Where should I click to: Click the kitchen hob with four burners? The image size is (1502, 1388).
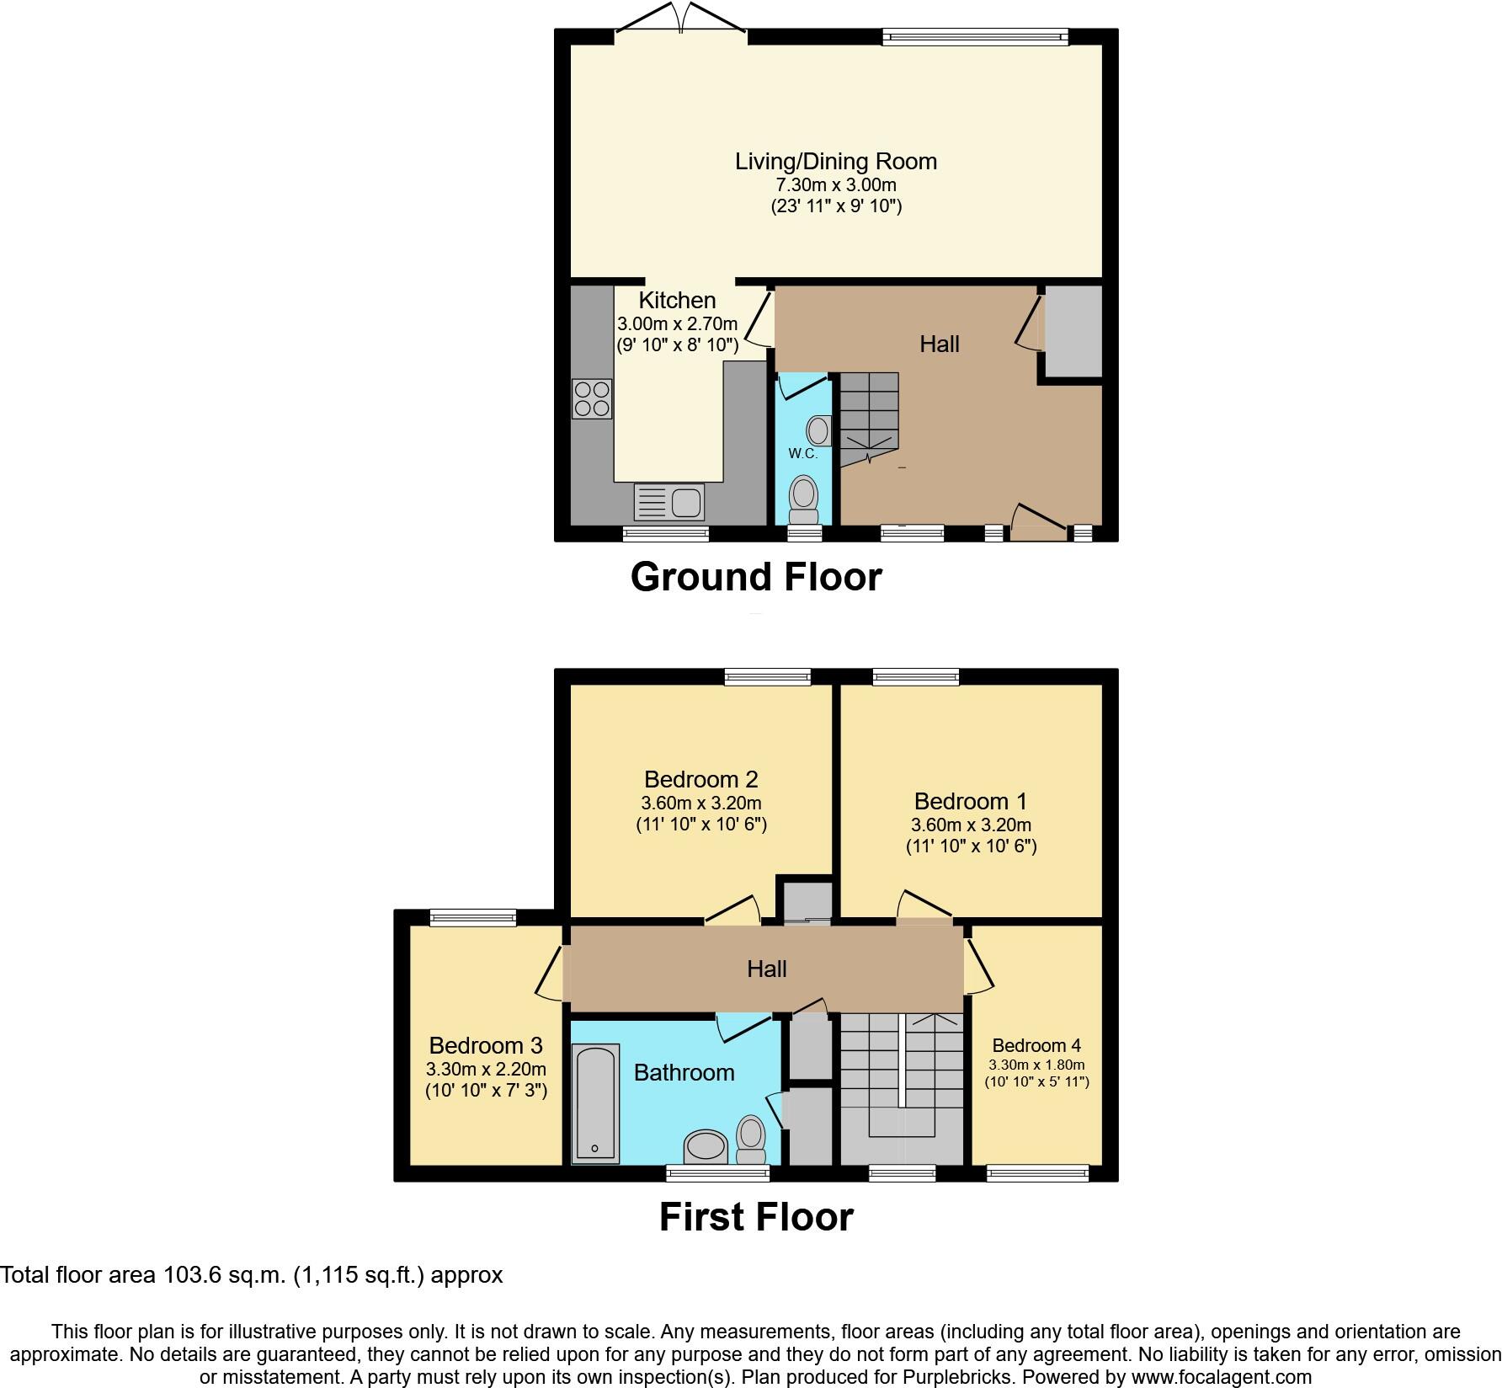(592, 399)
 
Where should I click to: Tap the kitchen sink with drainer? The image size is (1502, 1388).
(669, 503)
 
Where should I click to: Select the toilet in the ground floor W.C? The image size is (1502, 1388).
(804, 500)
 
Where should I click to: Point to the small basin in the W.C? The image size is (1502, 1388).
(818, 430)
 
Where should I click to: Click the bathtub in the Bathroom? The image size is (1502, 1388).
(595, 1103)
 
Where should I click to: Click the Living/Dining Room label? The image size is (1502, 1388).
(835, 162)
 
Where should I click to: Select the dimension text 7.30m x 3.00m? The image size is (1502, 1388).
(835, 184)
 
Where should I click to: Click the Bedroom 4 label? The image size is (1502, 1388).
(1036, 1046)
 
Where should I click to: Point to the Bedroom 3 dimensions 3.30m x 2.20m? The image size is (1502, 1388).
(486, 1069)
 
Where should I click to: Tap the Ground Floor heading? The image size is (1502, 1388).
(755, 578)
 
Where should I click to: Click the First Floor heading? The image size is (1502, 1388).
(755, 1217)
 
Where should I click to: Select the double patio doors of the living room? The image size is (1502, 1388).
(680, 21)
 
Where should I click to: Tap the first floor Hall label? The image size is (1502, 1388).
(766, 969)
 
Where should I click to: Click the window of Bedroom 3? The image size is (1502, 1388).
(472, 918)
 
